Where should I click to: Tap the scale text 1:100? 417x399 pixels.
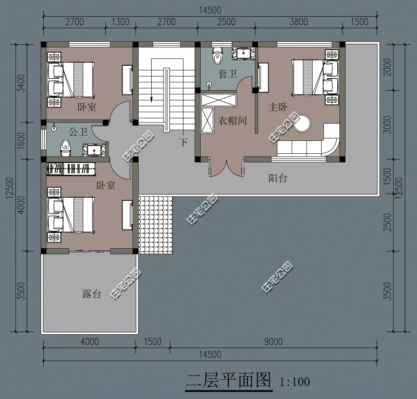coord(295,381)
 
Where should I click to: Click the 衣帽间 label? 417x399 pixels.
coord(232,121)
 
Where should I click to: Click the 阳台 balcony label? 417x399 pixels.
coord(277,178)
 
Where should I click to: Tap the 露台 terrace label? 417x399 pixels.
coord(91,294)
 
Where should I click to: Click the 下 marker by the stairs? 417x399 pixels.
coord(183,141)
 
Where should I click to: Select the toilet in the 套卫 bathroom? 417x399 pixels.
coord(218,54)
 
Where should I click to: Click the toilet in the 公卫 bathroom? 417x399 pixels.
coord(66,147)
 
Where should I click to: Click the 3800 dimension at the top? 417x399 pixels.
coord(298,21)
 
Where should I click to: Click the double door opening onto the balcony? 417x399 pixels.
coord(226,168)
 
